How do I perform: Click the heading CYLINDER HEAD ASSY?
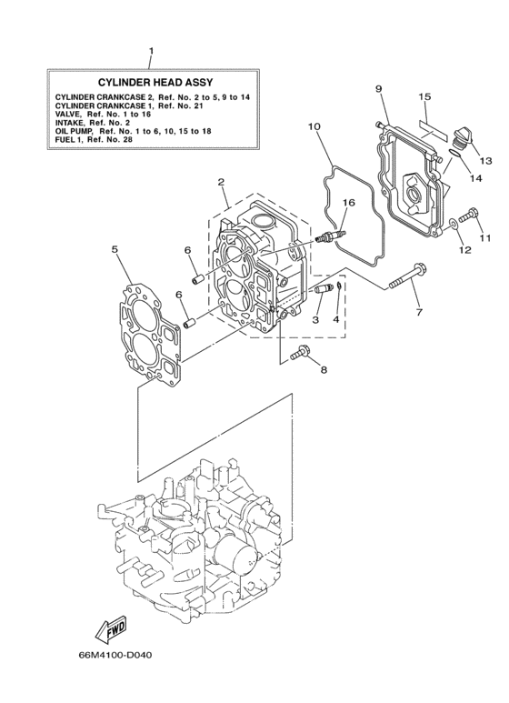point(155,81)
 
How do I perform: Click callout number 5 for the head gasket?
point(115,247)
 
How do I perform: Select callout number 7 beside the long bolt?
point(419,313)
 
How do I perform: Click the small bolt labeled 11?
point(468,217)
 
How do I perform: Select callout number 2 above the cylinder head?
point(221,182)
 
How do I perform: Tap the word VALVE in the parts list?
point(71,114)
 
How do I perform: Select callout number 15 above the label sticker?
point(424,96)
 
